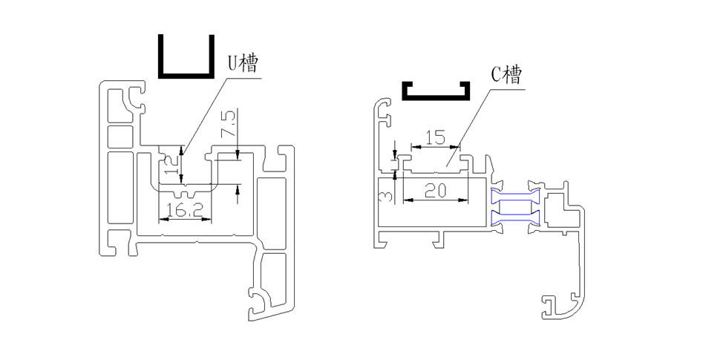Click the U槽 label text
click(x=243, y=63)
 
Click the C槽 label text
click(x=506, y=75)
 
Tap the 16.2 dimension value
click(x=185, y=210)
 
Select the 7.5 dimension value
click(x=228, y=125)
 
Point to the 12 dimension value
click(x=171, y=166)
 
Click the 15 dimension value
click(x=435, y=137)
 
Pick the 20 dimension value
click(x=435, y=191)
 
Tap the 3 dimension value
click(x=385, y=196)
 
